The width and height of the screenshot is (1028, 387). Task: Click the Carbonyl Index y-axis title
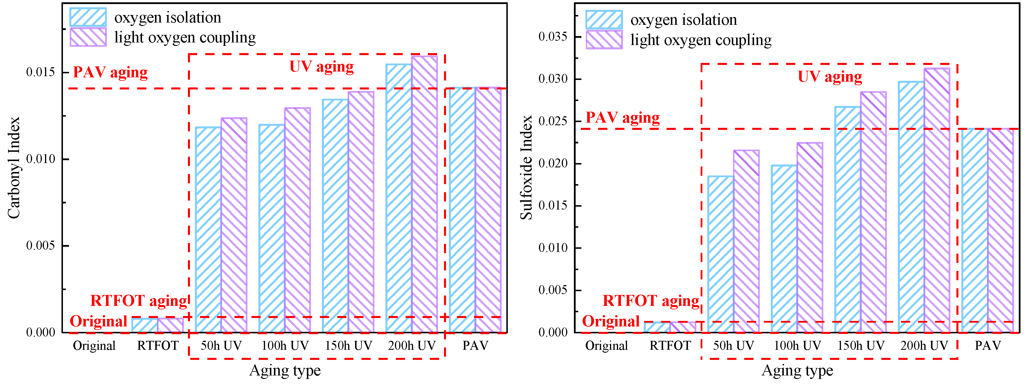(x=14, y=168)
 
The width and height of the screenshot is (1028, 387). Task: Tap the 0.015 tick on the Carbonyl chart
(x=41, y=72)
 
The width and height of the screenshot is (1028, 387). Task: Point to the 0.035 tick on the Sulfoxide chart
(x=553, y=37)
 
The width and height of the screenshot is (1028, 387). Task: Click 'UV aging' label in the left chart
(x=321, y=67)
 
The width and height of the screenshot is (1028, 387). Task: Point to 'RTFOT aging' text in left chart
(x=139, y=301)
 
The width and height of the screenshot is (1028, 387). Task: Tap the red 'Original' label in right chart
(x=611, y=321)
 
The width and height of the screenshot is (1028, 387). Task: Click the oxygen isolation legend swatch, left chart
(x=88, y=17)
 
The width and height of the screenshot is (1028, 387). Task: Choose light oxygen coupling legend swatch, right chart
(x=604, y=40)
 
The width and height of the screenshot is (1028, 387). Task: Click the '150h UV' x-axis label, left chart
(x=348, y=345)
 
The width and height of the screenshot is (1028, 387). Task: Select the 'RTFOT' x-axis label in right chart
(x=670, y=345)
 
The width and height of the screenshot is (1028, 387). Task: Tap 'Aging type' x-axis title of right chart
(x=797, y=371)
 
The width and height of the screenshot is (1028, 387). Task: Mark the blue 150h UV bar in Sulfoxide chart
(x=847, y=219)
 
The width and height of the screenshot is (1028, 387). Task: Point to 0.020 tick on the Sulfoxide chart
(x=553, y=164)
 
